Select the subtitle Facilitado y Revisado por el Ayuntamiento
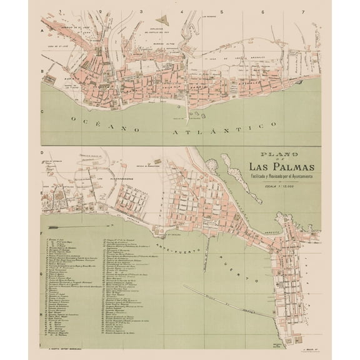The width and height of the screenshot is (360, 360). click(281, 177)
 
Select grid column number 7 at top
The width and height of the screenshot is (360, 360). click(302, 12)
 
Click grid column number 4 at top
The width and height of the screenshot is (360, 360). click(182, 12)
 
